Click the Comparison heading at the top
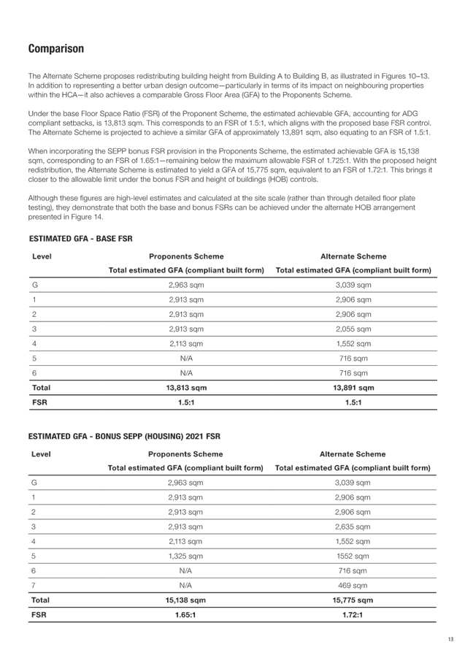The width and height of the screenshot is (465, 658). coord(55,49)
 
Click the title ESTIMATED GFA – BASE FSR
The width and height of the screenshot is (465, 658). coord(80,240)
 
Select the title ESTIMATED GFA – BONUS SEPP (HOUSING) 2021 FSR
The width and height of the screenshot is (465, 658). coord(124,437)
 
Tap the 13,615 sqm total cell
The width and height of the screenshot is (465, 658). coord(186,388)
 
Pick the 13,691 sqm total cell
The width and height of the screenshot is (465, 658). coord(353,388)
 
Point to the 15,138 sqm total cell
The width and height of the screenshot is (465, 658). coord(186,600)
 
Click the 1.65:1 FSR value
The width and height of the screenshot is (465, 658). coord(186,616)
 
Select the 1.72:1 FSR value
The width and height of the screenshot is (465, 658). coord(353,616)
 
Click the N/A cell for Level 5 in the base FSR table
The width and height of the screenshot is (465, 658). coord(186,358)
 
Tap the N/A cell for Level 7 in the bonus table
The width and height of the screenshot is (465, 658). coord(186,585)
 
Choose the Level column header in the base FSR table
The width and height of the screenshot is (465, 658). coord(42,256)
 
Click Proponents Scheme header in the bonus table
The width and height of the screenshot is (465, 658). coord(186,454)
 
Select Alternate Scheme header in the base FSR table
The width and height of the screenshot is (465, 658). coord(353,256)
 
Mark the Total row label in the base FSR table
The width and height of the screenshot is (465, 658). coord(41,388)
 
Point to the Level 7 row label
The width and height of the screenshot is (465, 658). coord(34,585)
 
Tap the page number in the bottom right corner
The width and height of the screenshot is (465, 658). coord(451,640)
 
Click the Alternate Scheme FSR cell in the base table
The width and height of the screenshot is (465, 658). coord(353,402)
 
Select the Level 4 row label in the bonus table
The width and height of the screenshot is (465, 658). coord(34,541)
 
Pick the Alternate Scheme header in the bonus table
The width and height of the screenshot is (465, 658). coord(353,454)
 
